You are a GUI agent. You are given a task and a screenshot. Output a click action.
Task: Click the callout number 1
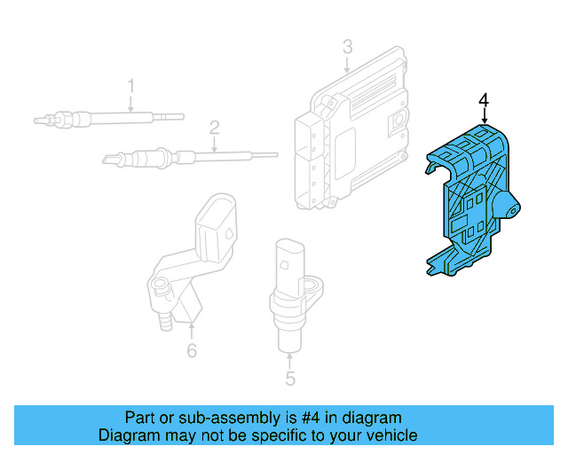[x=130, y=86]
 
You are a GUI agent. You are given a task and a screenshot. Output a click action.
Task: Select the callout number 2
[x=214, y=128]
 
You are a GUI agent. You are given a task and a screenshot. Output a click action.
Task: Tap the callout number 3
[x=348, y=46]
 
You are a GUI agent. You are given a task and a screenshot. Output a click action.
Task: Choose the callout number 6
[x=192, y=352]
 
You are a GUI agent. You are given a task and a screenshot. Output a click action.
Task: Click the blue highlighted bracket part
[x=466, y=204]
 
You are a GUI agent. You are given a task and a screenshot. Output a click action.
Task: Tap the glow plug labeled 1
[x=106, y=117]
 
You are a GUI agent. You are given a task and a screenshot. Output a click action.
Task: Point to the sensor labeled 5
[x=289, y=288]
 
